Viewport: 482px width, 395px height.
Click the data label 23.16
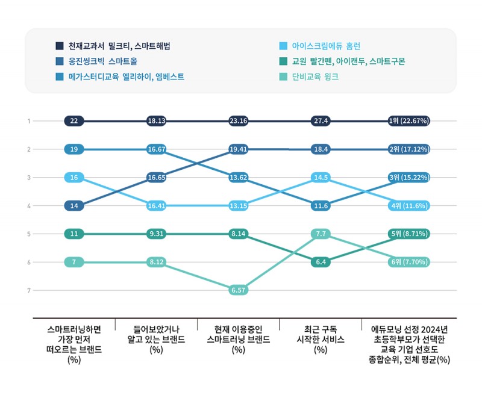click(x=238, y=121)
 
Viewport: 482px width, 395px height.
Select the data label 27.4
click(x=321, y=121)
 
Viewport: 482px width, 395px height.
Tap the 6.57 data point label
click(x=238, y=290)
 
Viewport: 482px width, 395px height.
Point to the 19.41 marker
click(x=238, y=149)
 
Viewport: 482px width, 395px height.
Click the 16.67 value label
click(x=156, y=149)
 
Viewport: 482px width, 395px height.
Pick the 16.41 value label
click(x=156, y=205)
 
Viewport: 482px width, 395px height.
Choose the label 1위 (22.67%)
click(x=408, y=121)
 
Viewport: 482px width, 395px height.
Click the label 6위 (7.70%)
click(x=408, y=262)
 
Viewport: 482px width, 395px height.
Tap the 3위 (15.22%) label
click(x=408, y=178)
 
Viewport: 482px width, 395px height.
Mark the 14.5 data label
click(x=321, y=178)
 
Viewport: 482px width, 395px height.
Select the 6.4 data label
click(x=321, y=262)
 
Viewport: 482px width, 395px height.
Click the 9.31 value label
click(x=156, y=234)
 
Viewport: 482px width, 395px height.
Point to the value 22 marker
click(x=74, y=121)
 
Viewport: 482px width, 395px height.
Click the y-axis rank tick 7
click(x=28, y=290)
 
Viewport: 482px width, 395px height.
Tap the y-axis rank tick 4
click(x=28, y=205)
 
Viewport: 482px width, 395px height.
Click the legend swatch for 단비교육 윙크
click(x=283, y=77)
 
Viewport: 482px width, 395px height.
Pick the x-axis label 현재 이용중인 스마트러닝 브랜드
click(x=238, y=339)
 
